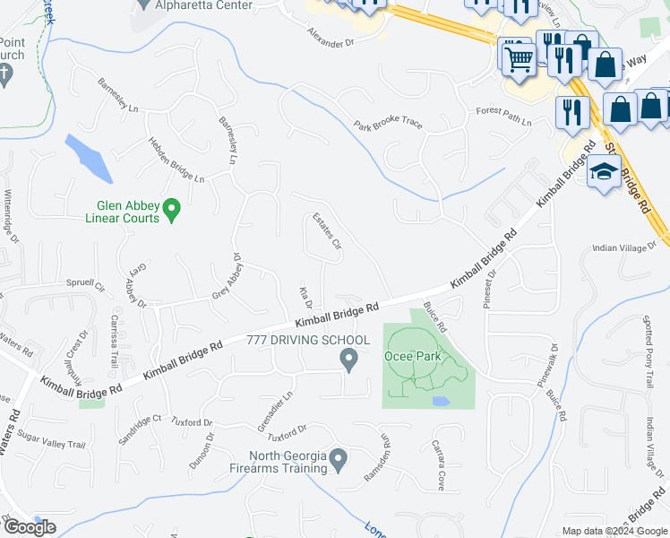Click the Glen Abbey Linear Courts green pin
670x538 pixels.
click(x=174, y=211)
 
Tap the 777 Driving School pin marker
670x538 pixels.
click(x=349, y=360)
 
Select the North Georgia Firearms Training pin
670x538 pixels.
click(x=338, y=460)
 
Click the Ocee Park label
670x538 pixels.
click(x=413, y=356)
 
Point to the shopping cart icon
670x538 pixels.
click(x=518, y=59)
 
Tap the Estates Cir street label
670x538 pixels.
click(x=326, y=231)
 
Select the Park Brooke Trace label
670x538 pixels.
click(x=387, y=123)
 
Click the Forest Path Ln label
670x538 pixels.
click(x=504, y=117)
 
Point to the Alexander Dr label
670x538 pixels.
click(x=331, y=38)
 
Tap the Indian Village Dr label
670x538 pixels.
click(x=625, y=249)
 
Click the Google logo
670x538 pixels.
click(x=30, y=527)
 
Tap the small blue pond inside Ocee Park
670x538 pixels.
click(x=441, y=401)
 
